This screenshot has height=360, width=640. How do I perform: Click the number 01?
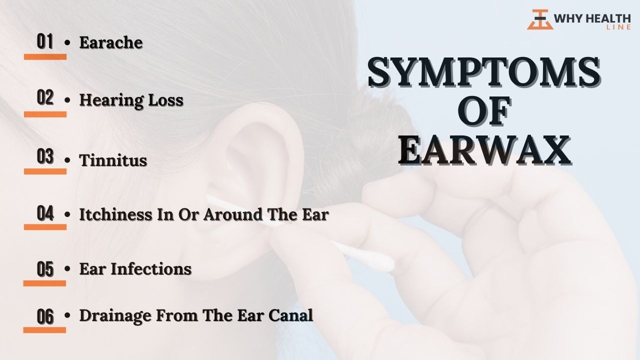click(45, 41)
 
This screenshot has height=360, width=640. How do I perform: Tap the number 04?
click(45, 213)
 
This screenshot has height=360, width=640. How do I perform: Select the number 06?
click(45, 316)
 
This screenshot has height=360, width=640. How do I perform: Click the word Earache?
click(111, 42)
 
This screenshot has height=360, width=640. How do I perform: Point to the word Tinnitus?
click(113, 160)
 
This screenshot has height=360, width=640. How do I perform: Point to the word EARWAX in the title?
click(484, 150)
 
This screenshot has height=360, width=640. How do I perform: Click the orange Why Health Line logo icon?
click(540, 19)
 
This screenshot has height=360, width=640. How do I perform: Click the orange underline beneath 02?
click(45, 114)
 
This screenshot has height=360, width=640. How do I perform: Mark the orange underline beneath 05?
click(44, 283)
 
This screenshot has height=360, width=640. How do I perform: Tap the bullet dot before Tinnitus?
click(67, 160)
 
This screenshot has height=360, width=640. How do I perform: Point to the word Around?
click(233, 214)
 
